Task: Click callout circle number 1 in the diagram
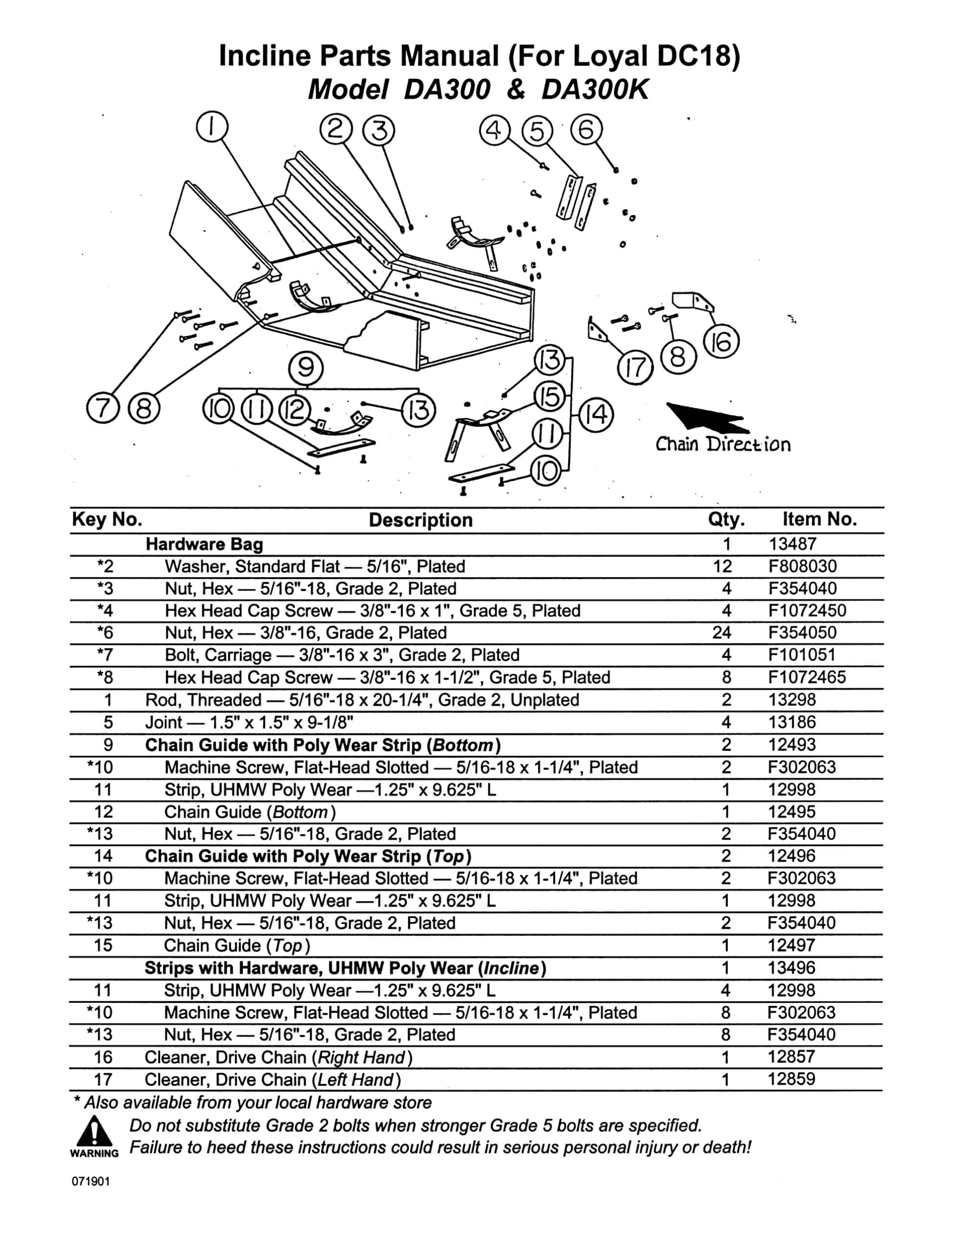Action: coord(212,127)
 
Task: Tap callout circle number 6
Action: coord(586,130)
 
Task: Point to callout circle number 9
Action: coord(306,367)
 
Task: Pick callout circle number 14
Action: coord(596,415)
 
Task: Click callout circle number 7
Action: coord(102,409)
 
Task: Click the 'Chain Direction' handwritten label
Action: coord(722,444)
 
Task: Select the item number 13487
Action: coord(792,544)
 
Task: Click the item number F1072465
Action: coord(807,677)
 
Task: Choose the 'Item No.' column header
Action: coord(819,519)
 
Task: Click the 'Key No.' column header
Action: coord(107,519)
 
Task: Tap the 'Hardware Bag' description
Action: coord(204,544)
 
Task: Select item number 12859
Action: coord(791,1079)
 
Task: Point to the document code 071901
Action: coord(91,1182)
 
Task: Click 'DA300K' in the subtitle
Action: coord(594,90)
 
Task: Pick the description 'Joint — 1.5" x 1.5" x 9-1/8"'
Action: coord(249,722)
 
